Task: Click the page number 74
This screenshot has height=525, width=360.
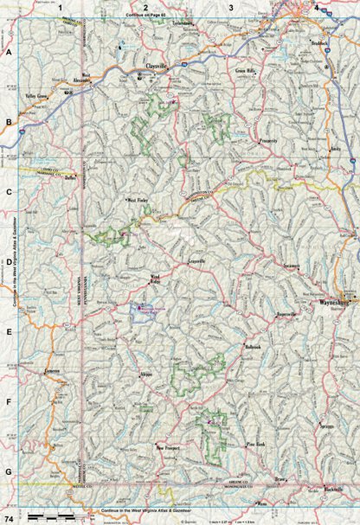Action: click(x=8, y=517)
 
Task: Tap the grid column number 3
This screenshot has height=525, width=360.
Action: click(x=230, y=7)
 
